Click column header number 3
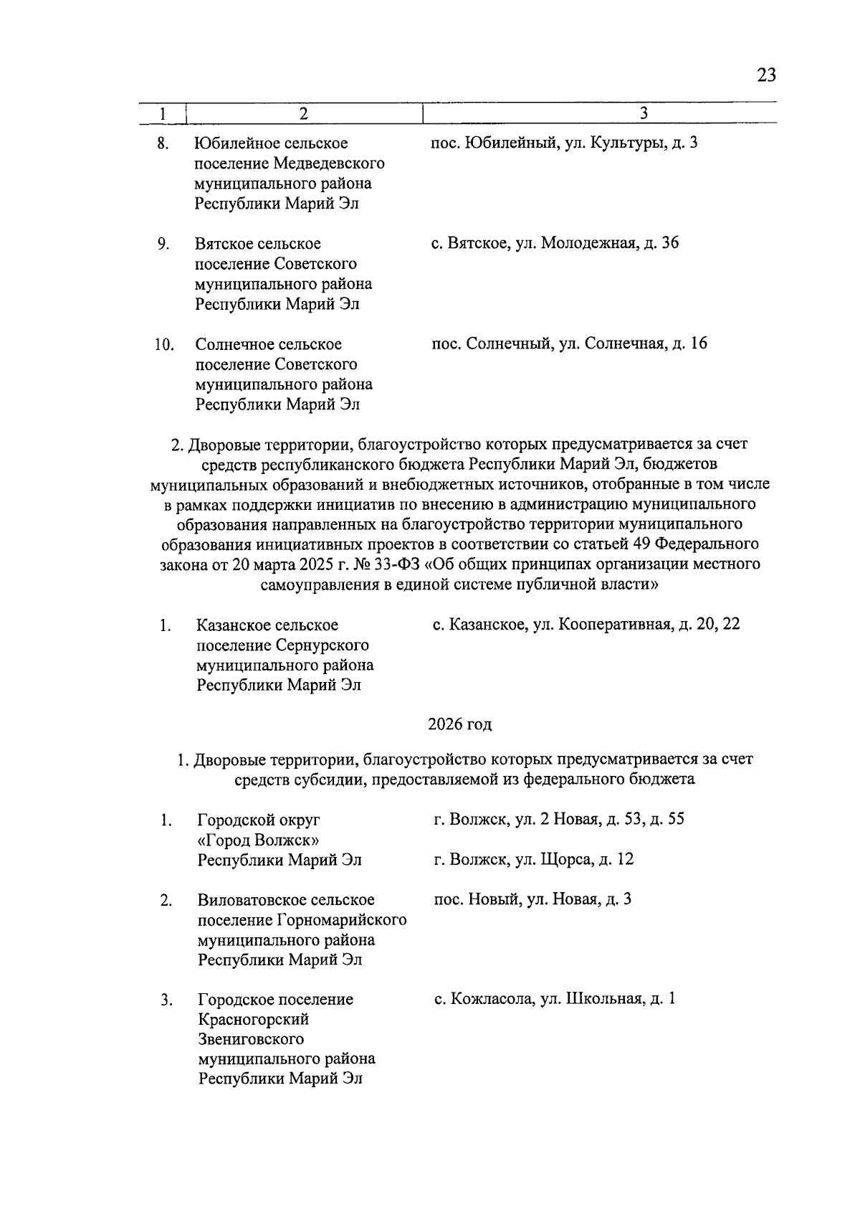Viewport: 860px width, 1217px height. pyautogui.click(x=643, y=113)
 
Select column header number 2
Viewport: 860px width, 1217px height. pyautogui.click(x=304, y=113)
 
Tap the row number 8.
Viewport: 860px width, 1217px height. pyautogui.click(x=163, y=143)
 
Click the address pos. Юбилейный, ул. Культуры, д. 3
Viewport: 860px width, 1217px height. pyautogui.click(x=564, y=143)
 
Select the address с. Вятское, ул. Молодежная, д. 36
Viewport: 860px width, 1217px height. pyautogui.click(x=555, y=243)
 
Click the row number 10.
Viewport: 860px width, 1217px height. pyautogui.click(x=164, y=344)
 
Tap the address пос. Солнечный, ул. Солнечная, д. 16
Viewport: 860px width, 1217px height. pyautogui.click(x=569, y=344)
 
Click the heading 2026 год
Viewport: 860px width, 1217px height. pyautogui.click(x=459, y=724)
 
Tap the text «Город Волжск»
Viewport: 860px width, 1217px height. pyautogui.click(x=258, y=840)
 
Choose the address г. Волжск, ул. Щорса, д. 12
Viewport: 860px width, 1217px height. pyautogui.click(x=533, y=859)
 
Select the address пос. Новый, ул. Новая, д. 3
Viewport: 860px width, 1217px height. pyautogui.click(x=532, y=899)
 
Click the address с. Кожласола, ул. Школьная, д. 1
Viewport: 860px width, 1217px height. pyautogui.click(x=554, y=999)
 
